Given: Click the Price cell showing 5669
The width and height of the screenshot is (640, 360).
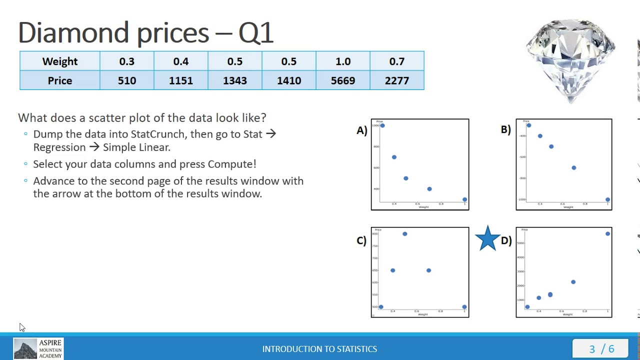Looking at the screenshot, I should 342,80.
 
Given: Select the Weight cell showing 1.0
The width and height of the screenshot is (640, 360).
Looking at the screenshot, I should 342,61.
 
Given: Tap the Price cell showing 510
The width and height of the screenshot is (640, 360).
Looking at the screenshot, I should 126,80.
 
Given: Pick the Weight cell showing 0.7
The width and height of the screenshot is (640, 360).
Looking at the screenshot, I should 396,61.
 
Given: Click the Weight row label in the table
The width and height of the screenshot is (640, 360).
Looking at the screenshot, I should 60,61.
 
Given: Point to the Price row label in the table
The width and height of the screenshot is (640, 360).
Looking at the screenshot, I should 60,80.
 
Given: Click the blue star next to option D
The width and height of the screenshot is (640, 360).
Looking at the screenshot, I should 487,238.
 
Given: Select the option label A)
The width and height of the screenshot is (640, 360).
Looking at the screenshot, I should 362,130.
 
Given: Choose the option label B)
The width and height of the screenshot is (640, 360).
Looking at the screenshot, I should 505,129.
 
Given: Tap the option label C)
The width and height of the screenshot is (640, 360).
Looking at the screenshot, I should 361,240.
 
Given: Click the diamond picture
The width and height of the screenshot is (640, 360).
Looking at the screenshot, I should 570,60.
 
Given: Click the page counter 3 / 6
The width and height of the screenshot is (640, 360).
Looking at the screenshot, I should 601,348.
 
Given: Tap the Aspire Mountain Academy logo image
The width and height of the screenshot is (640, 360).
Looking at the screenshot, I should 25,348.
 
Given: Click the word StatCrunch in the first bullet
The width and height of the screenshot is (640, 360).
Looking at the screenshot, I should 158,134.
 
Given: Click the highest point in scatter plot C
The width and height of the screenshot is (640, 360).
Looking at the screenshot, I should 404,233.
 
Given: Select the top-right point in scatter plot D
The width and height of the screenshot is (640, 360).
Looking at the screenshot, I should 607,233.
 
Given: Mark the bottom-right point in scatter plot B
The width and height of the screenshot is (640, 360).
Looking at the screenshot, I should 607,199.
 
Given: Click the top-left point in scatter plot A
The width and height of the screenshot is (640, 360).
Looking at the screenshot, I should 382,125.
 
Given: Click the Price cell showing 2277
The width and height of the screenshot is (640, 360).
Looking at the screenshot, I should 396,80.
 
